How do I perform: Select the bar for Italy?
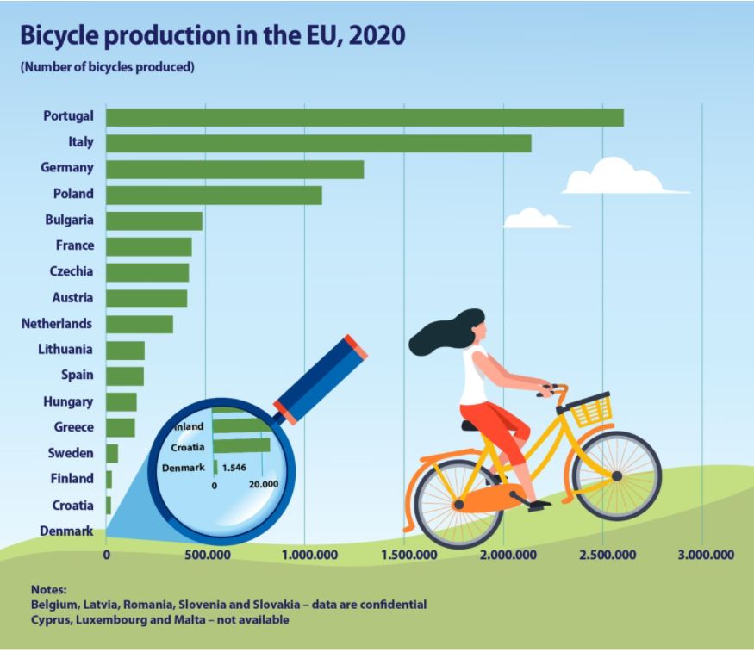pyautogui.click(x=318, y=143)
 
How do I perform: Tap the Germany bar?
pyautogui.click(x=234, y=169)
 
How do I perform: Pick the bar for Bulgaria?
pyautogui.click(x=154, y=220)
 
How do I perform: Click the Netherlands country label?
pyautogui.click(x=57, y=324)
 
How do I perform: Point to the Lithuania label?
pyautogui.click(x=65, y=350)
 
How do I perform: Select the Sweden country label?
pyautogui.click(x=69, y=453)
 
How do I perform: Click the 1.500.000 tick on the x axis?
pyautogui.click(x=404, y=556)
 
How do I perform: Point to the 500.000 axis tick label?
pyautogui.click(x=206, y=556)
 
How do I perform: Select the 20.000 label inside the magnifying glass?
pyautogui.click(x=263, y=484)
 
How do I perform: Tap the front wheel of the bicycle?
pyautogui.click(x=616, y=475)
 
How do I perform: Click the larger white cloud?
pyautogui.click(x=616, y=177)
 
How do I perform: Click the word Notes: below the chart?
pyautogui.click(x=48, y=590)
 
